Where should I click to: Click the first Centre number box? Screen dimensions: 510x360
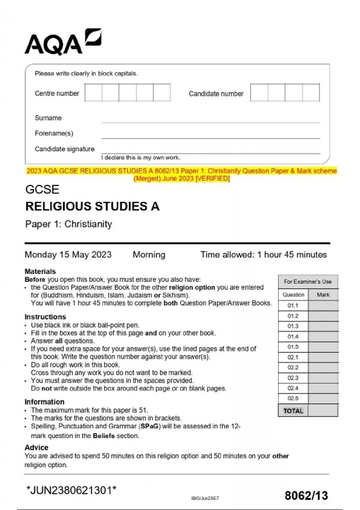93,92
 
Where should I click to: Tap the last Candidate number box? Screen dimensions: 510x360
311,92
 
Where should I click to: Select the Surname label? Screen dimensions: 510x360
48,118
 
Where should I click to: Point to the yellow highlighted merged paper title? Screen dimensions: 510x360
181,175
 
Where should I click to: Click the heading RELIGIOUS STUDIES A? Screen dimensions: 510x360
92,206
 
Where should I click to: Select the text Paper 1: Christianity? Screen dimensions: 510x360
69,224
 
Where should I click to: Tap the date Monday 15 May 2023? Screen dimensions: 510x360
68,255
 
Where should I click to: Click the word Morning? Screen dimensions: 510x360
149,255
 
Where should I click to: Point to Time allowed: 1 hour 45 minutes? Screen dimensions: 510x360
263,255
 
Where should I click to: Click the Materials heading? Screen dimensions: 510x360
40,271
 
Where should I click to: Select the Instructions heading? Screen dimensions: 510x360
45,317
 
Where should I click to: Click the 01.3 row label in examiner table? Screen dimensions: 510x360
293,326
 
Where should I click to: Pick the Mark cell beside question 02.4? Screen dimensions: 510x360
323,388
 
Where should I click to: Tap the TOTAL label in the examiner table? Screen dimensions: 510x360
293,411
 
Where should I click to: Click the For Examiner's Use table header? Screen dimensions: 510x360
308,282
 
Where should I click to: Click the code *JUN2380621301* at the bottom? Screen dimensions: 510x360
71,490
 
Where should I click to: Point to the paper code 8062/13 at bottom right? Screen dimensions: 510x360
306,495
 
